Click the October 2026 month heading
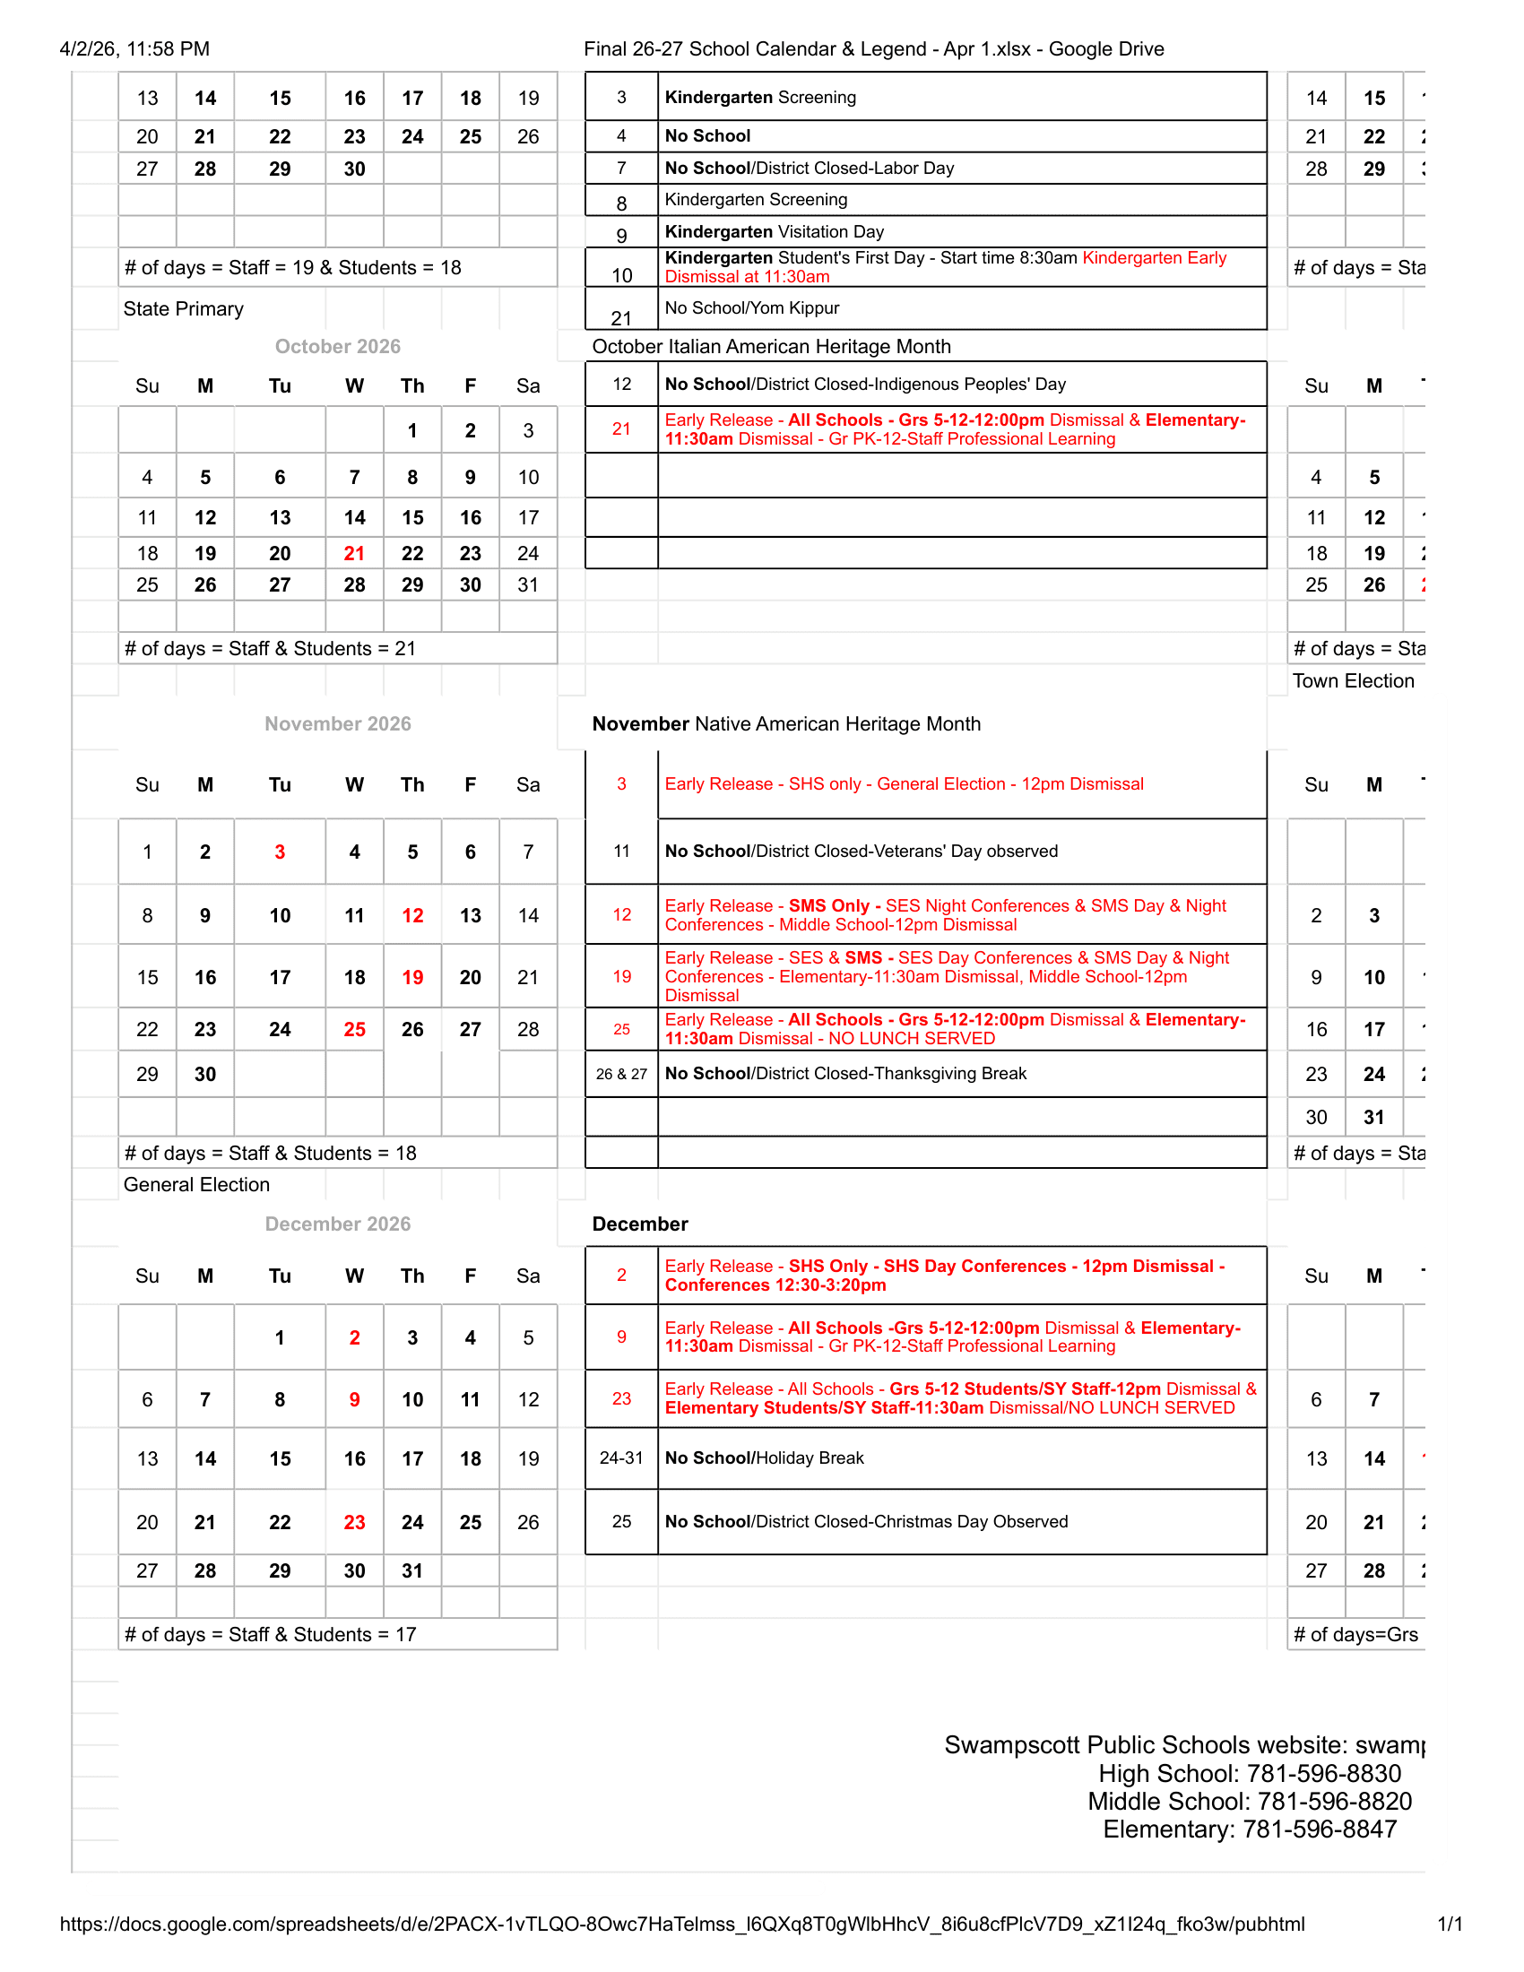pos(338,347)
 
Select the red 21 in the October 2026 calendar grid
pos(354,553)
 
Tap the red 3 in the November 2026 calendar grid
pos(280,852)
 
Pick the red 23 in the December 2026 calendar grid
pos(354,1522)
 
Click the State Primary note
pos(183,309)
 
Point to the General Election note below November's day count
pos(196,1185)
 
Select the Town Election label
pos(1353,681)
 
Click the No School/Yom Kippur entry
pos(752,307)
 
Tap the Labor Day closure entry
pos(809,168)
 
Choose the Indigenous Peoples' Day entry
pos(865,384)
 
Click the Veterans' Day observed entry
pos(861,851)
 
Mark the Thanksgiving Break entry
pos(845,1073)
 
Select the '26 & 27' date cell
pos(621,1074)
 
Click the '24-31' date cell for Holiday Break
pos(621,1457)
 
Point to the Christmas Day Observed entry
pos(866,1521)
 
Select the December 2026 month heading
pos(338,1224)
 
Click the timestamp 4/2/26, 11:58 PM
pos(134,48)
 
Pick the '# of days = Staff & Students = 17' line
pos(270,1634)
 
